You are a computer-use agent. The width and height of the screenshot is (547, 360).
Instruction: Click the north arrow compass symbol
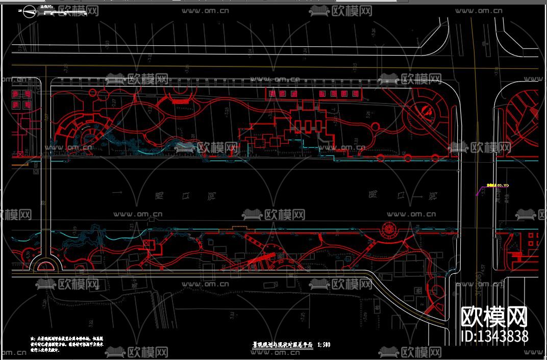click(30, 11)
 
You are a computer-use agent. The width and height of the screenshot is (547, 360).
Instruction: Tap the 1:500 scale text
click(324, 345)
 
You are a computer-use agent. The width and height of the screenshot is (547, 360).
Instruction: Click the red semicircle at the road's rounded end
click(46, 265)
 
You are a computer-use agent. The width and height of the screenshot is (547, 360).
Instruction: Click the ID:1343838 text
click(494, 336)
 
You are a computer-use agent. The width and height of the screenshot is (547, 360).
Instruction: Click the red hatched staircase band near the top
click(181, 101)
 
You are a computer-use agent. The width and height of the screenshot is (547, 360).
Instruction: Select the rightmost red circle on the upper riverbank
click(435, 157)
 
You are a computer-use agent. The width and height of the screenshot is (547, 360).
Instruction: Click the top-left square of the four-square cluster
click(15, 94)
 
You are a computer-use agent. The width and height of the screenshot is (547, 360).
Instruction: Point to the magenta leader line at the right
click(480, 191)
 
